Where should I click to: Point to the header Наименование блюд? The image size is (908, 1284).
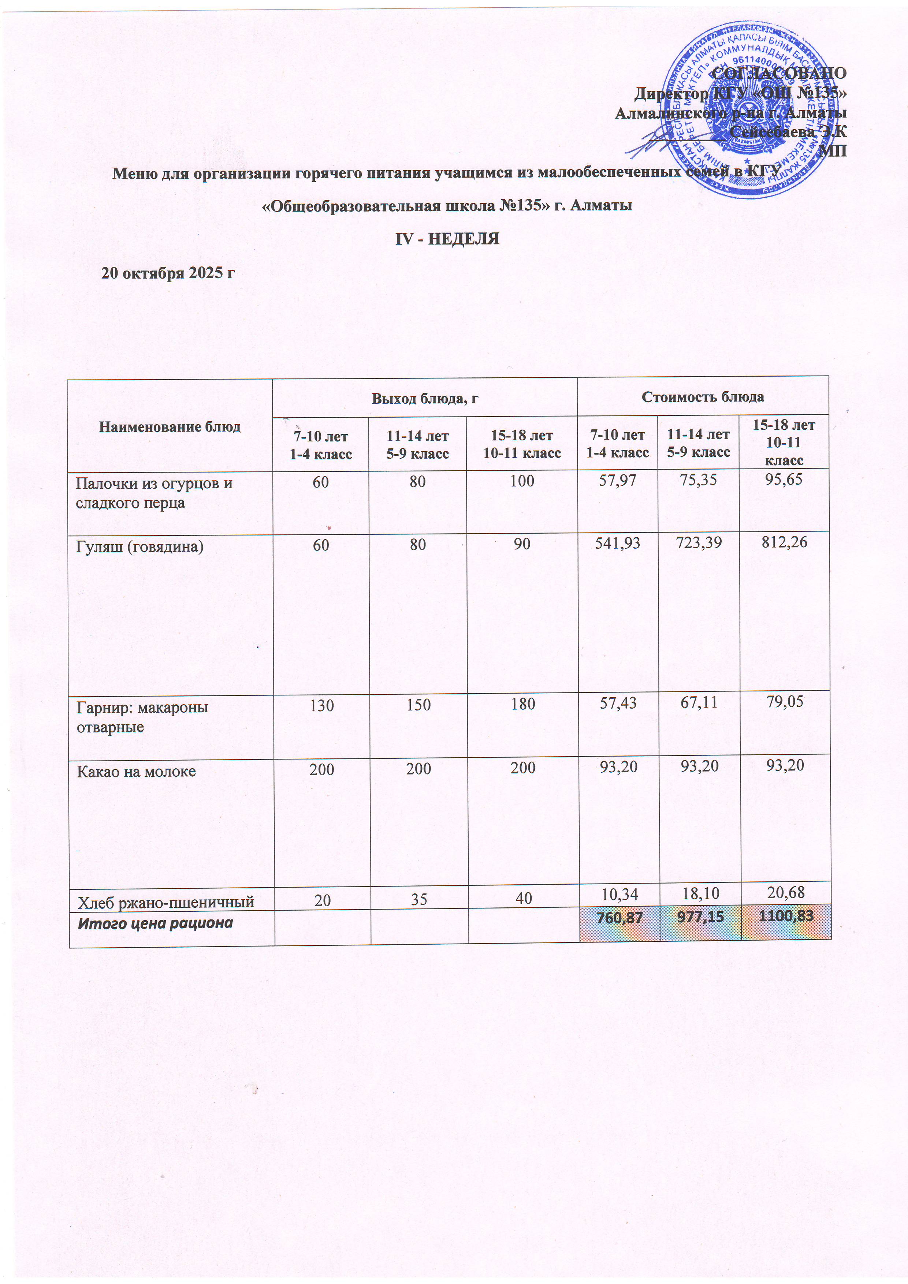[x=170, y=427]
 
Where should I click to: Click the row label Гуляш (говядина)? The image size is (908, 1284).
[x=140, y=546]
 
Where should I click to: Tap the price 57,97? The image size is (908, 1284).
[x=618, y=480]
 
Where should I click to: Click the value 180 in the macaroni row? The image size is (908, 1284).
[x=522, y=705]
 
